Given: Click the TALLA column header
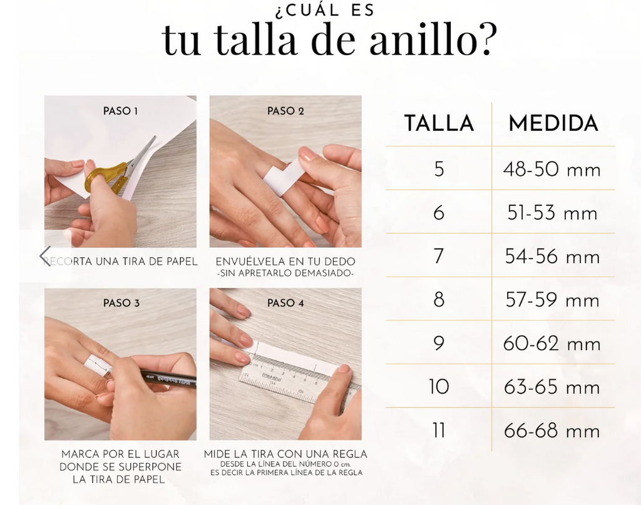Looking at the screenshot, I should [x=439, y=123].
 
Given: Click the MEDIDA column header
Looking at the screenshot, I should [x=553, y=123].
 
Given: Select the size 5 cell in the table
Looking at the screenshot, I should [x=439, y=169].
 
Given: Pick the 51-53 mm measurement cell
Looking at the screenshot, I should [x=552, y=213].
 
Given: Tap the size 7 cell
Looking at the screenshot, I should [x=439, y=257].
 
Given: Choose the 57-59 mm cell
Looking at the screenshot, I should [x=552, y=300].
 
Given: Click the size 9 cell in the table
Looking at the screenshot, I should [x=439, y=344].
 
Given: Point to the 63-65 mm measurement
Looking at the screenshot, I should [x=552, y=387].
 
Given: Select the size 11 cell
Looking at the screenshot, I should [x=439, y=431].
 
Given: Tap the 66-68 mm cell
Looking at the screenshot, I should [x=552, y=431].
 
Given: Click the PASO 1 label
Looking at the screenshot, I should [x=120, y=111].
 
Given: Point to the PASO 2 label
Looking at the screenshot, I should [x=285, y=111].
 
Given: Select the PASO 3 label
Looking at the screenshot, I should [x=120, y=303].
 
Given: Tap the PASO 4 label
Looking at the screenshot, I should [x=285, y=303].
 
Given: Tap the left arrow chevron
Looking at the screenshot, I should [x=45, y=255].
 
